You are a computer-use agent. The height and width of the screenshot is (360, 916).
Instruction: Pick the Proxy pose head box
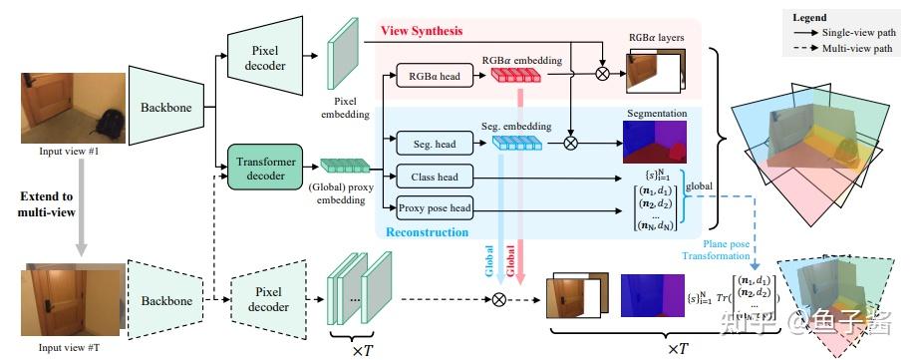pos(434,207)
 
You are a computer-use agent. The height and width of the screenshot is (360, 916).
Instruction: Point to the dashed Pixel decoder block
pos(266,298)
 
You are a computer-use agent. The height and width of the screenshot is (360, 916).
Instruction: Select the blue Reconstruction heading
pos(427,230)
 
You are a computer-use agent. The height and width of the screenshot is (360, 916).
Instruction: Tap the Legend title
pos(808,17)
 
